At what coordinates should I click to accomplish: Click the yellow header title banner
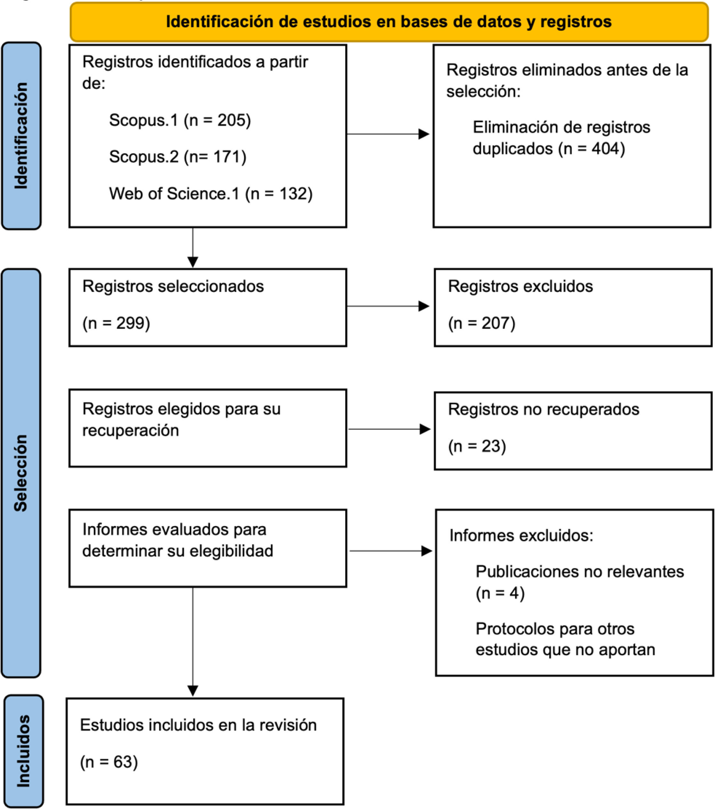389,22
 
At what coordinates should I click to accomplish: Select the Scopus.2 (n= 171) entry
178,157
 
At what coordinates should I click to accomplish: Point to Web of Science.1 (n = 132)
211,194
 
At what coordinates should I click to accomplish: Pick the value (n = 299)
116,323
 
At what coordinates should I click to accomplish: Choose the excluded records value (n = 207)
482,323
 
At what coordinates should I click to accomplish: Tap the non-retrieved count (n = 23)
477,446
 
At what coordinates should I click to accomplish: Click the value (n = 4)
500,593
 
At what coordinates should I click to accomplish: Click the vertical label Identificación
21,136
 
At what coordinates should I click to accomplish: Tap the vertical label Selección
20,473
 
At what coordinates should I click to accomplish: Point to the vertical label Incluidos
23,751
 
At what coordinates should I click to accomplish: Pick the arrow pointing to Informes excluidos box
391,551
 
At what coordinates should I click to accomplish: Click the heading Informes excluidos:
521,535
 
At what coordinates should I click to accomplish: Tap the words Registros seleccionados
173,286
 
